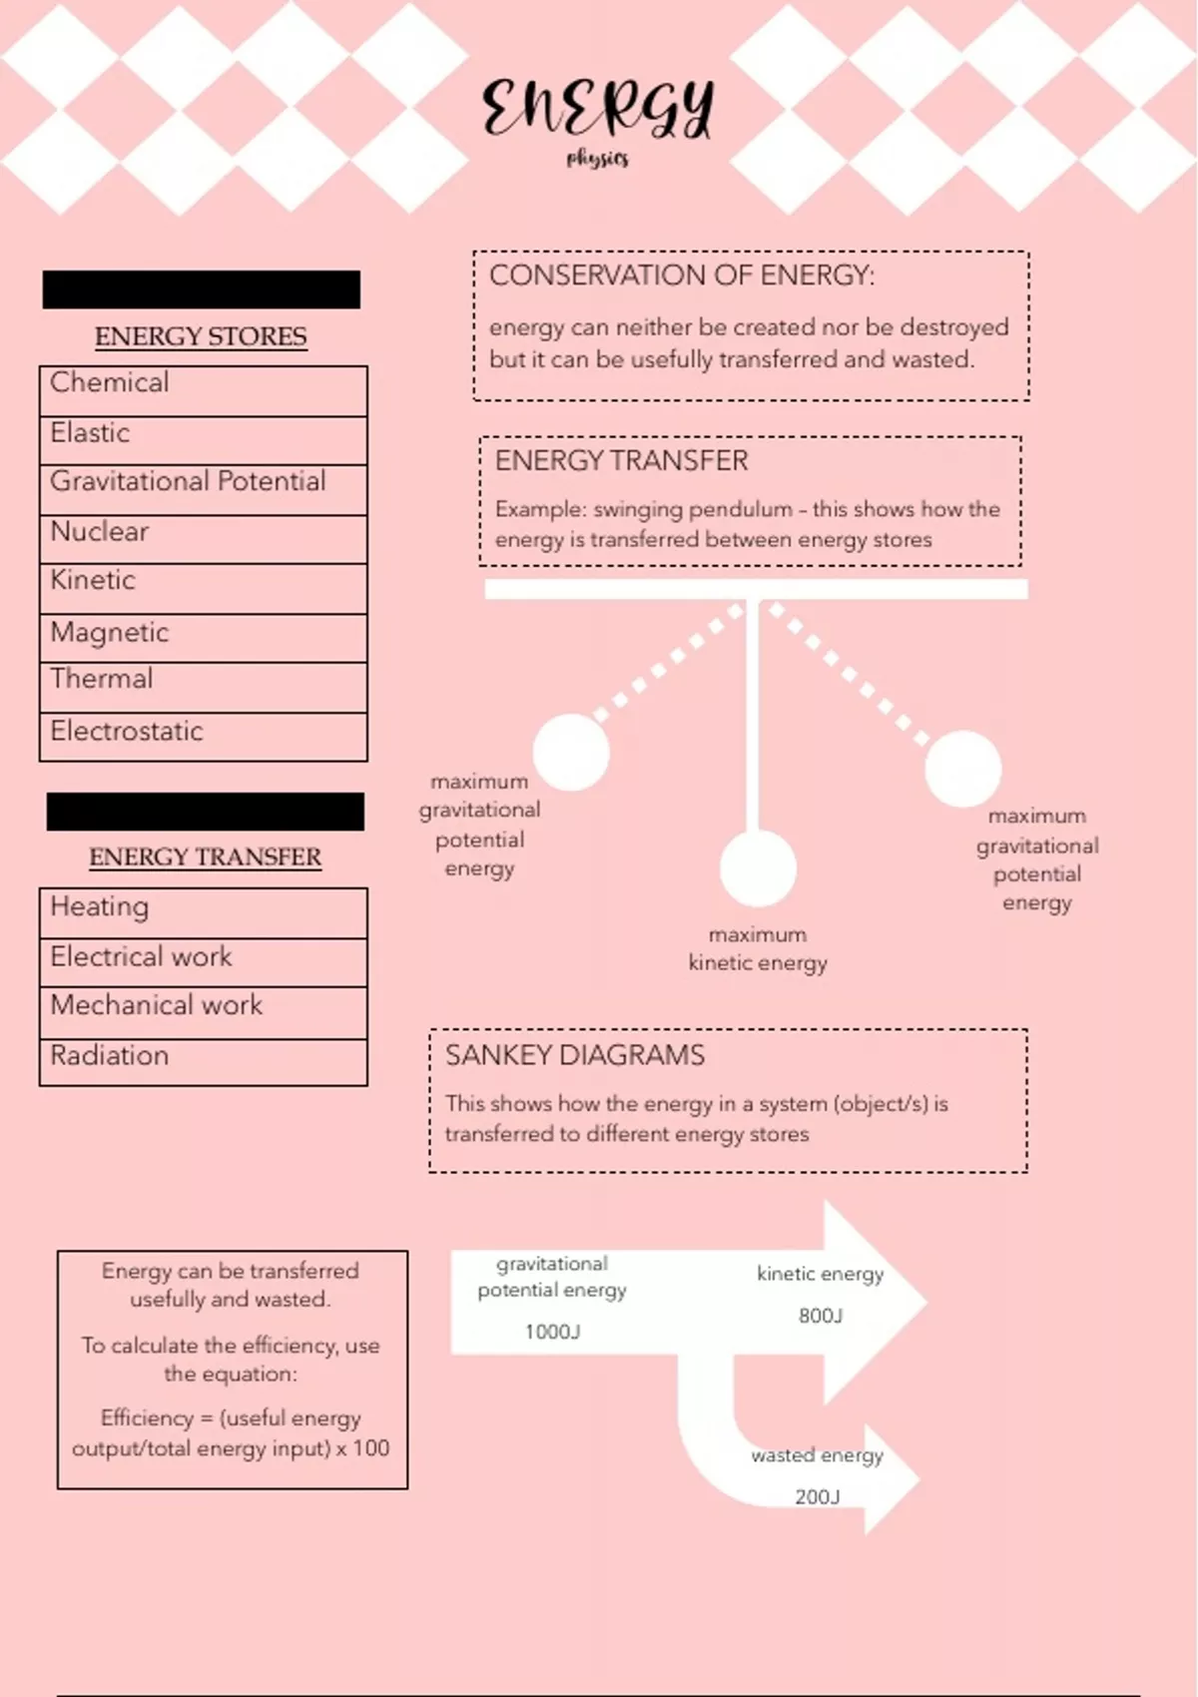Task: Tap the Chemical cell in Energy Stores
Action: click(203, 390)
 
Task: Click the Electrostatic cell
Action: click(203, 737)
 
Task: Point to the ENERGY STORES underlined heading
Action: click(201, 336)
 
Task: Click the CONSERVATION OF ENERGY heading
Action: click(682, 276)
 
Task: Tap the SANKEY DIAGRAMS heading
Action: click(575, 1055)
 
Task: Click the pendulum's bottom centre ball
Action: click(759, 867)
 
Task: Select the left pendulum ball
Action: click(571, 752)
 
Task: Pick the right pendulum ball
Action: click(962, 768)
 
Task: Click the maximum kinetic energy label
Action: click(758, 949)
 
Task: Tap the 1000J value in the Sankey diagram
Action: click(552, 1332)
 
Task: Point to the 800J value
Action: click(821, 1316)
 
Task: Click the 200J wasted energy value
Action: click(817, 1496)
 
